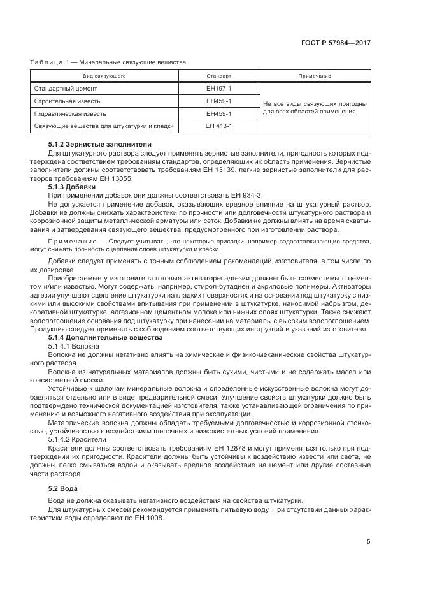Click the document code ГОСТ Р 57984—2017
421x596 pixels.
pyautogui.click(x=336, y=43)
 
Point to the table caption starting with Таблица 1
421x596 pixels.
pyautogui.click(x=108, y=62)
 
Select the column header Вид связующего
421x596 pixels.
pyautogui.click(x=104, y=76)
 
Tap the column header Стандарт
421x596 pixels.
pyautogui.click(x=218, y=76)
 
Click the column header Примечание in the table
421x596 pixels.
pyautogui.click(x=315, y=76)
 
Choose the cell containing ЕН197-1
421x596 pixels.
pyautogui.click(x=218, y=89)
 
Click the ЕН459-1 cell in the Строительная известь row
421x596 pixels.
pyautogui.click(x=218, y=101)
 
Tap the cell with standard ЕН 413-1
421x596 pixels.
pyautogui.click(x=218, y=126)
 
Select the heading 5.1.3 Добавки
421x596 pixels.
pyautogui.click(x=72, y=187)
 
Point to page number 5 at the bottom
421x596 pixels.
pyautogui.click(x=369, y=542)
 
